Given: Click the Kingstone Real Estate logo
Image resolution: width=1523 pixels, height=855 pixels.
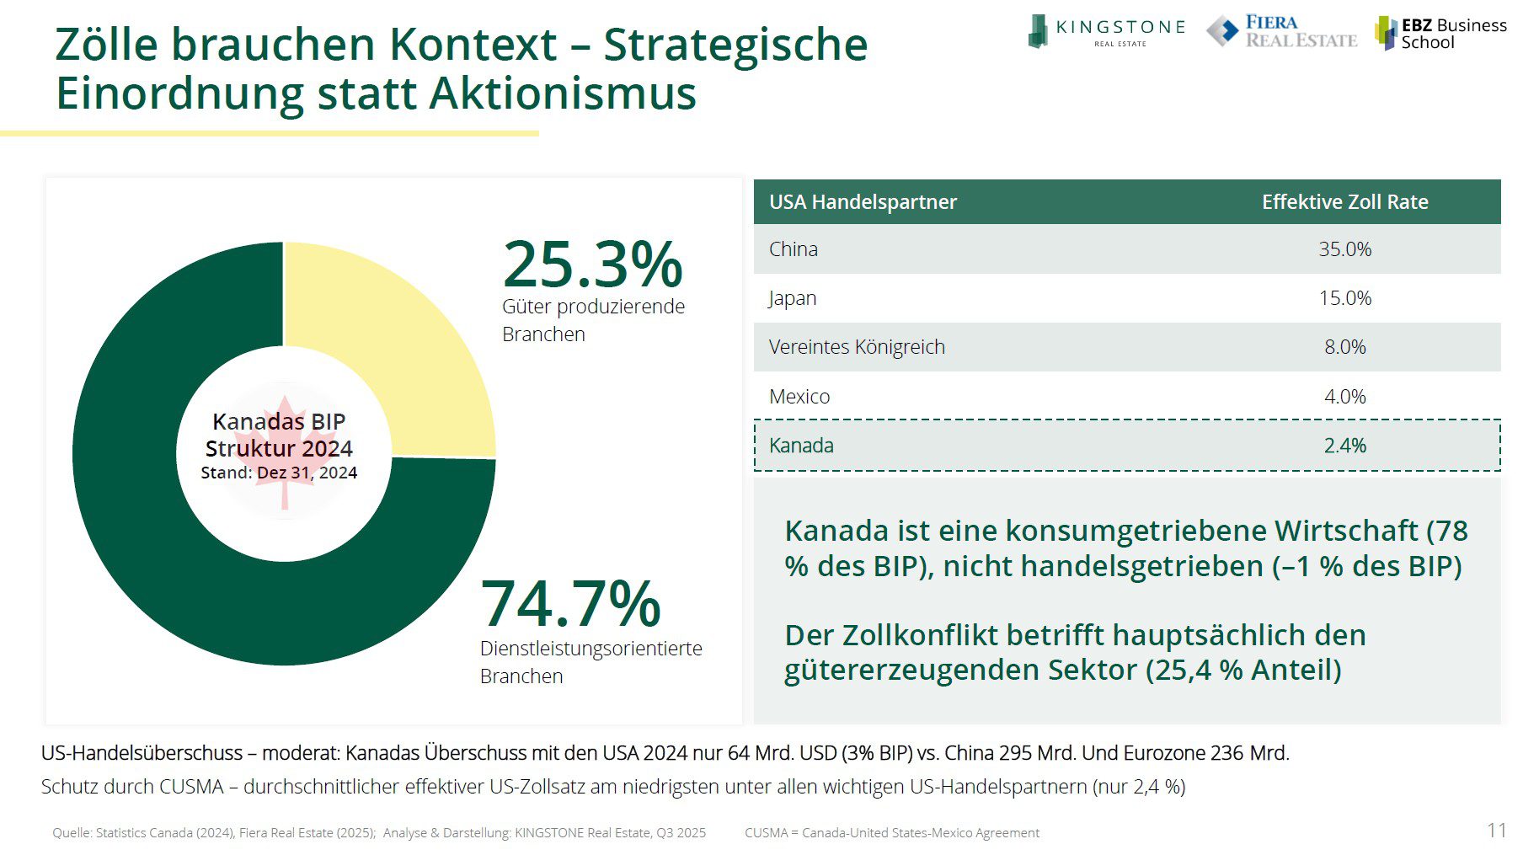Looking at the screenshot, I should (x=1105, y=32).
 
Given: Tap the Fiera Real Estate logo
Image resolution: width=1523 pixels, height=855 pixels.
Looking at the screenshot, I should (x=1281, y=32).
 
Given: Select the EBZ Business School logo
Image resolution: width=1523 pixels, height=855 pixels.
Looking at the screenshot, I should (x=1440, y=34).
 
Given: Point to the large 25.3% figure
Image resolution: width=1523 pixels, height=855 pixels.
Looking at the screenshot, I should (x=592, y=265).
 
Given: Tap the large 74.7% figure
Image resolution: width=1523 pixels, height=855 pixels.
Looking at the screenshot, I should (x=570, y=604).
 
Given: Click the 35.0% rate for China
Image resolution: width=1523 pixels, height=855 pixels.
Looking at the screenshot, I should (x=1344, y=249).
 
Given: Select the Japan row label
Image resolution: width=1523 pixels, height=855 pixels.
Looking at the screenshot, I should (x=792, y=298).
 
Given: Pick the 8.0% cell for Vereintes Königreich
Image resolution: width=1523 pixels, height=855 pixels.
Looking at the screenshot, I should (x=1344, y=347).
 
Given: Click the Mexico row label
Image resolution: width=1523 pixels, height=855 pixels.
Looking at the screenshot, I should (x=799, y=396).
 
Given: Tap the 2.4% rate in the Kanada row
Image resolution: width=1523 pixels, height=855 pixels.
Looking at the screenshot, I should (x=1344, y=446).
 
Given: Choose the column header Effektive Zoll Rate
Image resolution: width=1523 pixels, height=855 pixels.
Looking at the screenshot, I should (x=1344, y=202).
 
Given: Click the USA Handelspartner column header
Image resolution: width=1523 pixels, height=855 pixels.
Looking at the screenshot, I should (x=863, y=202).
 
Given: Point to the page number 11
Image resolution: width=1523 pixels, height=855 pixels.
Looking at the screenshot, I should (x=1496, y=831).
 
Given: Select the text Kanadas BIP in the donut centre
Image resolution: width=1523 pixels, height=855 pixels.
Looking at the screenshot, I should (x=279, y=421).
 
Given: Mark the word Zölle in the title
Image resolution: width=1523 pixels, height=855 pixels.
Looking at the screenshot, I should (x=106, y=45).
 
